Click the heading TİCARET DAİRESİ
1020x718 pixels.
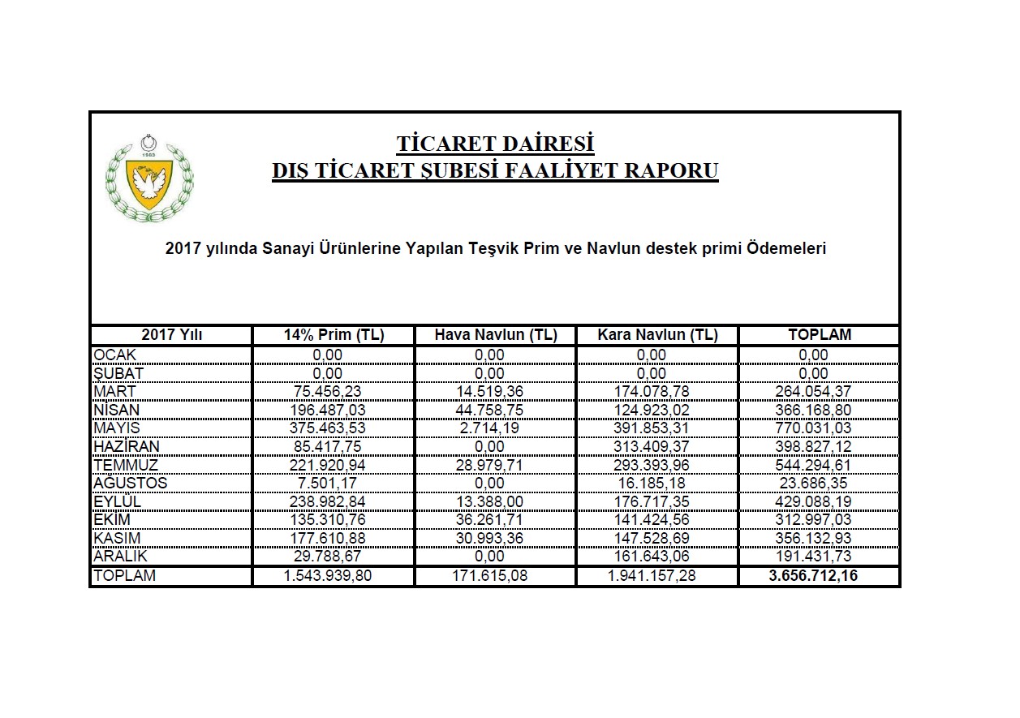pos(495,144)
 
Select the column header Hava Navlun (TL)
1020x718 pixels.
pos(495,335)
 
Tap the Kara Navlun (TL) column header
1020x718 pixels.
pos(657,335)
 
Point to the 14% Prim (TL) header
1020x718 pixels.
pos(334,335)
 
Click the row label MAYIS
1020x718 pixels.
pos(118,428)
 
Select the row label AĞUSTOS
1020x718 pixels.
pos(130,484)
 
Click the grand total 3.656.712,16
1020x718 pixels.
pos(819,576)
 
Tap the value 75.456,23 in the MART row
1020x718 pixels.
pos(328,391)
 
